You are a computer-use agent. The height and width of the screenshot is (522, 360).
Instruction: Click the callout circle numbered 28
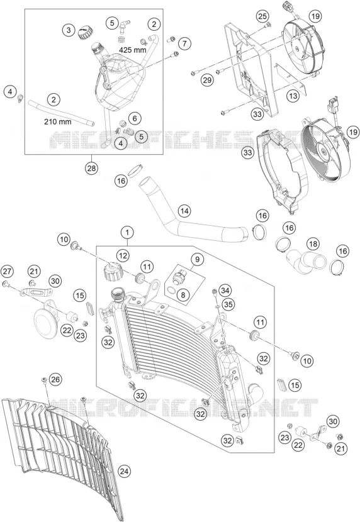[91, 168]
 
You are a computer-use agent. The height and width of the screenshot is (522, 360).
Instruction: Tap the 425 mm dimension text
[133, 50]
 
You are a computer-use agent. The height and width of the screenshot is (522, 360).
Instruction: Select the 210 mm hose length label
[58, 122]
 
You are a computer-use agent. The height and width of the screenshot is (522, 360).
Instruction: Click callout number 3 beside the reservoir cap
[69, 31]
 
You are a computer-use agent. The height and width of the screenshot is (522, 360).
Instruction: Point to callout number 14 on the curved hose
[184, 211]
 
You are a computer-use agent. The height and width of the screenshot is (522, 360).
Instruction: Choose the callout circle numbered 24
[124, 471]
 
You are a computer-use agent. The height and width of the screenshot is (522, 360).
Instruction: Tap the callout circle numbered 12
[123, 256]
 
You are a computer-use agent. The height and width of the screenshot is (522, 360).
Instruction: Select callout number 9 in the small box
[197, 259]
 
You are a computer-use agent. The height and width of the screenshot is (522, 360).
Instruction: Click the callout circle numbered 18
[313, 244]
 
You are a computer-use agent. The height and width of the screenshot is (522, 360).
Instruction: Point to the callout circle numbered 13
[293, 96]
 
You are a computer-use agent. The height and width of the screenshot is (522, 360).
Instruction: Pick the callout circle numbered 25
[262, 16]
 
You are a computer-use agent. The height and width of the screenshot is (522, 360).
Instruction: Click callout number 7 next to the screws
[184, 43]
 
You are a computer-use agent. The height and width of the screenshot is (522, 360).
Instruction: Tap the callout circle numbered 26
[56, 379]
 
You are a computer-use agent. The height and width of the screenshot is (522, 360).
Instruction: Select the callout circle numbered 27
[7, 272]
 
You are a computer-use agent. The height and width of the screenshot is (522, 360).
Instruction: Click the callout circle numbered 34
[225, 291]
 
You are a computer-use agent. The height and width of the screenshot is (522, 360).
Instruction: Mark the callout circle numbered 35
[229, 304]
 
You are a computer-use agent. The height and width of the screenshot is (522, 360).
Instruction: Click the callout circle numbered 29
[207, 80]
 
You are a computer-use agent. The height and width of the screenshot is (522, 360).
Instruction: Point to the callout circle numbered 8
[183, 294]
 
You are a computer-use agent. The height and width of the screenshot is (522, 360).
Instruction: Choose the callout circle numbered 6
[135, 118]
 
